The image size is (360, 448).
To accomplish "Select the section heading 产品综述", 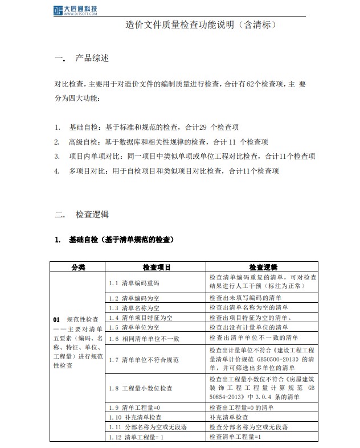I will (x=92, y=59).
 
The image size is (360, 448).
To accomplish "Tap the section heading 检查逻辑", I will (x=92, y=215).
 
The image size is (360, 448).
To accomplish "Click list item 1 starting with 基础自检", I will (x=154, y=127).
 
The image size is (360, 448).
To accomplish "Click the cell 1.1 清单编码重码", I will (x=134, y=282).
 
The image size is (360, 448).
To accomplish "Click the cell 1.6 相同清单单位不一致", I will (x=144, y=338).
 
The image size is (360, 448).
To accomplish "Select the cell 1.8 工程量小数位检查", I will (x=140, y=388).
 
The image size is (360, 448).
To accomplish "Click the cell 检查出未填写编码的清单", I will (x=249, y=298).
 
